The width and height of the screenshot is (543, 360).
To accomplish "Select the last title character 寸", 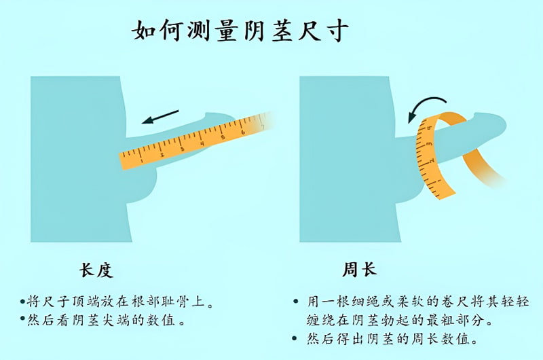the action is pyautogui.click(x=336, y=31).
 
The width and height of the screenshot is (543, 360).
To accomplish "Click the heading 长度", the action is pyautogui.click(x=96, y=270).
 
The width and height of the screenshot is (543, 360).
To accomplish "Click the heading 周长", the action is pyautogui.click(x=360, y=269).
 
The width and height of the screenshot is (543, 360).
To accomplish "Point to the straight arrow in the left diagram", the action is pyautogui.click(x=160, y=117).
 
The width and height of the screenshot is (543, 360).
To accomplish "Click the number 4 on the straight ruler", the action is pyautogui.click(x=202, y=143).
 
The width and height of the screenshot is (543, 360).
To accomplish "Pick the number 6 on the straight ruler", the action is pyautogui.click(x=243, y=132).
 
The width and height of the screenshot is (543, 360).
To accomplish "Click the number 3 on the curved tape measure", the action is pyautogui.click(x=429, y=143).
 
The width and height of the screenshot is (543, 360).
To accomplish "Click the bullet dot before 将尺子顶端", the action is pyautogui.click(x=23, y=302).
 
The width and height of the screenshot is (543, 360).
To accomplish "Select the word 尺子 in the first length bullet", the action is pyautogui.click(x=49, y=302).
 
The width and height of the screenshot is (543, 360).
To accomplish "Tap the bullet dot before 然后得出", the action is pyautogui.click(x=295, y=338).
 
